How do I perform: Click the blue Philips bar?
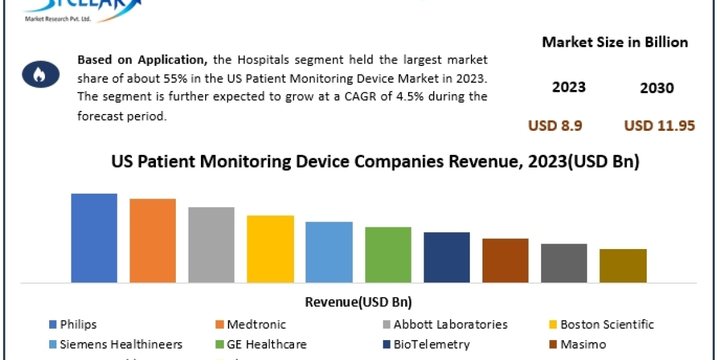click(x=94, y=238)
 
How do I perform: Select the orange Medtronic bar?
click(x=152, y=240)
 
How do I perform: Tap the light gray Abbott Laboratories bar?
click(x=211, y=244)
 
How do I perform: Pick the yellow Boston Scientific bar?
click(x=270, y=248)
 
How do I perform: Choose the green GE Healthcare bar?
click(x=388, y=254)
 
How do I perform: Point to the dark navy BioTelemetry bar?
click(x=446, y=257)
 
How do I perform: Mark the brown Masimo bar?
click(x=505, y=260)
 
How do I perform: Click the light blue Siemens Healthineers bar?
click(x=329, y=252)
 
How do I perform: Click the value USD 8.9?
click(x=555, y=126)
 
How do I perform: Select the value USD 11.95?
click(x=659, y=126)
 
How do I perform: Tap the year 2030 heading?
click(x=656, y=88)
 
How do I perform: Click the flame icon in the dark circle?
click(x=41, y=75)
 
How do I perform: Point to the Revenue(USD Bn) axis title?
click(x=359, y=302)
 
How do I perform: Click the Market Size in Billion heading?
click(x=615, y=42)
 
